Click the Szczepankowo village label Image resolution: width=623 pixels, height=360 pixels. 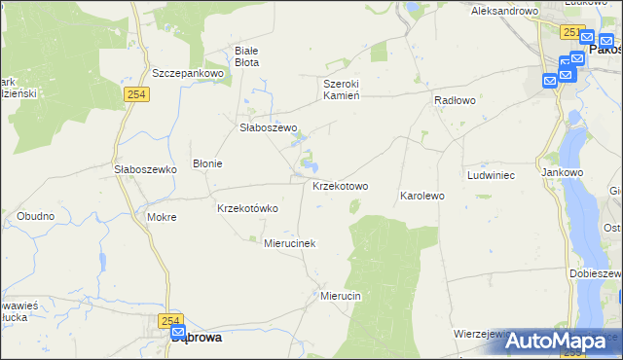coord(189,73)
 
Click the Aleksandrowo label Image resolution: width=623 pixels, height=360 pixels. coord(504,11)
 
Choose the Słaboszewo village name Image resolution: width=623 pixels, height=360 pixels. coord(268,127)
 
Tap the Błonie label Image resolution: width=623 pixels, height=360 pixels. coord(207,163)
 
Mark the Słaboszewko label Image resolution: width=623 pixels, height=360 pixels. coord(144,168)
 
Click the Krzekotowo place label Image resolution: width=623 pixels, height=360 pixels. coord(340,186)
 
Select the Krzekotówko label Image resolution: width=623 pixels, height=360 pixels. coord(247,208)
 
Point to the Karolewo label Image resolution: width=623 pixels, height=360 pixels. coord(421,196)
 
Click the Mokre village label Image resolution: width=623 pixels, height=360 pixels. coord(161,217)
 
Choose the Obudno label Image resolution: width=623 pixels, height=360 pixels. coord(35,215)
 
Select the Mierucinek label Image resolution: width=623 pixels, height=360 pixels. coord(290,243)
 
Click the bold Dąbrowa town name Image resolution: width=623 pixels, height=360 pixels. coord(196,338)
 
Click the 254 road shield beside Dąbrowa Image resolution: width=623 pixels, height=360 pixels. coord(171,320)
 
